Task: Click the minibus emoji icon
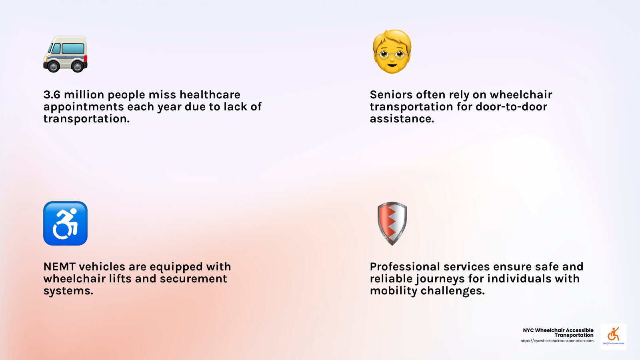tap(66, 54)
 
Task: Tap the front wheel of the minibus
tap(53, 66)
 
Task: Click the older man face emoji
tap(392, 52)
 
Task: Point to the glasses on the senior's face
tap(392, 54)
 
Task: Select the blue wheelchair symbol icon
tap(66, 224)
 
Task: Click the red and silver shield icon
tap(392, 224)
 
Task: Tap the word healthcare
tap(210, 94)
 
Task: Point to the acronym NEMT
tap(60, 266)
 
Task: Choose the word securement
tap(194, 278)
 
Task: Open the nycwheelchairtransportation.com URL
tap(557, 341)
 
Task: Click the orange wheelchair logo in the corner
tap(614, 334)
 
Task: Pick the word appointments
tap(84, 107)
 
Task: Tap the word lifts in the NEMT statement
tap(120, 278)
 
